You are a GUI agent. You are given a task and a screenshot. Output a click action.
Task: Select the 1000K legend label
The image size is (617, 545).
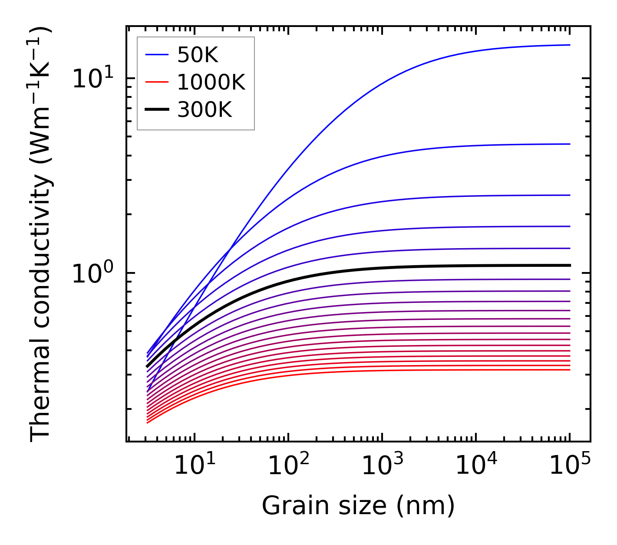pos(211,82)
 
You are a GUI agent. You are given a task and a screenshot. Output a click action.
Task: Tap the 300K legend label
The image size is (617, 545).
pos(205,110)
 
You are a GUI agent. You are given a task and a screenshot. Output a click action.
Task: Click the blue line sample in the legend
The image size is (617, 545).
pos(157,55)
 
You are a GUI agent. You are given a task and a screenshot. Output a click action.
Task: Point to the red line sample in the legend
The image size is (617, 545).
pos(157,82)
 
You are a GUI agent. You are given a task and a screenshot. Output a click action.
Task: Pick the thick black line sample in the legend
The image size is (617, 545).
pos(157,110)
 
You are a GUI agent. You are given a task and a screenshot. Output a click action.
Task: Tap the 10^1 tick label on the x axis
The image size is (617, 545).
pos(194,465)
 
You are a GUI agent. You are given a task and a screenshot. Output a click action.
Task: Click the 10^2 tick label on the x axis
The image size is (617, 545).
pos(288,465)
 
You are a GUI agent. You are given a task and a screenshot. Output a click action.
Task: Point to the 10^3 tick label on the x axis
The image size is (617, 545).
pos(382,465)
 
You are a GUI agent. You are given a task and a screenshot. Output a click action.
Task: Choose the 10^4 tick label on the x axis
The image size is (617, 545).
pos(476,465)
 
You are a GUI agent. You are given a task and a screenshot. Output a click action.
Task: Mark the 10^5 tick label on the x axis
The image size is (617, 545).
pos(570,465)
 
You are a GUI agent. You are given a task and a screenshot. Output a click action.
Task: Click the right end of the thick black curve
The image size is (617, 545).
pos(570,265)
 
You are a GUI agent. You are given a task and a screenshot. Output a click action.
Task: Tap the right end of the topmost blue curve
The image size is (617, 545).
pos(570,45)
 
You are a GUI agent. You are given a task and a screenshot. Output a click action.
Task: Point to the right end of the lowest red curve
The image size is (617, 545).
pos(570,369)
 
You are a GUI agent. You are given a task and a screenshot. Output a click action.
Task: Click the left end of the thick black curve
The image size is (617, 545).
pos(147,367)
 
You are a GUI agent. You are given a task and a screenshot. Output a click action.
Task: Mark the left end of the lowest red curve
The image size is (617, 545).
pos(148,422)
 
